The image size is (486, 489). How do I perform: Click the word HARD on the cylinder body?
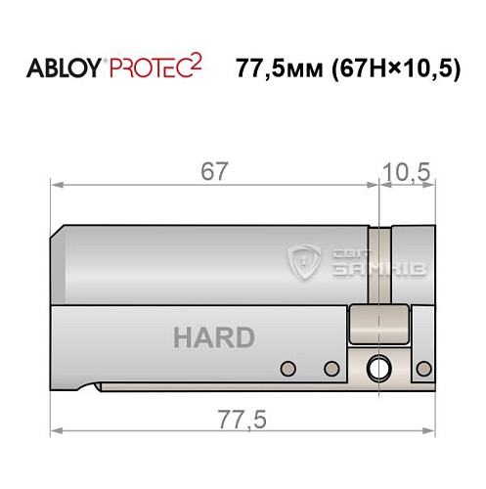tap(213, 338)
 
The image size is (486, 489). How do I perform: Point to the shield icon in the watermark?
tap(307, 261)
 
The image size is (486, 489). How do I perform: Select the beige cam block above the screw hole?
tap(377, 324)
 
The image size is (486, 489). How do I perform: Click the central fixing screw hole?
tap(376, 369)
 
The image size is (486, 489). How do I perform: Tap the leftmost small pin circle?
tap(287, 368)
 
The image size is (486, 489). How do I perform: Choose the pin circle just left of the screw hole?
tap(331, 368)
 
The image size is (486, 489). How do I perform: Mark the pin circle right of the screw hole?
tap(423, 368)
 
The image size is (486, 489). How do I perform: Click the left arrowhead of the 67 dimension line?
tap(57, 184)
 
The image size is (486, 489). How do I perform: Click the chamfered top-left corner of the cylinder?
tap(60, 232)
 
